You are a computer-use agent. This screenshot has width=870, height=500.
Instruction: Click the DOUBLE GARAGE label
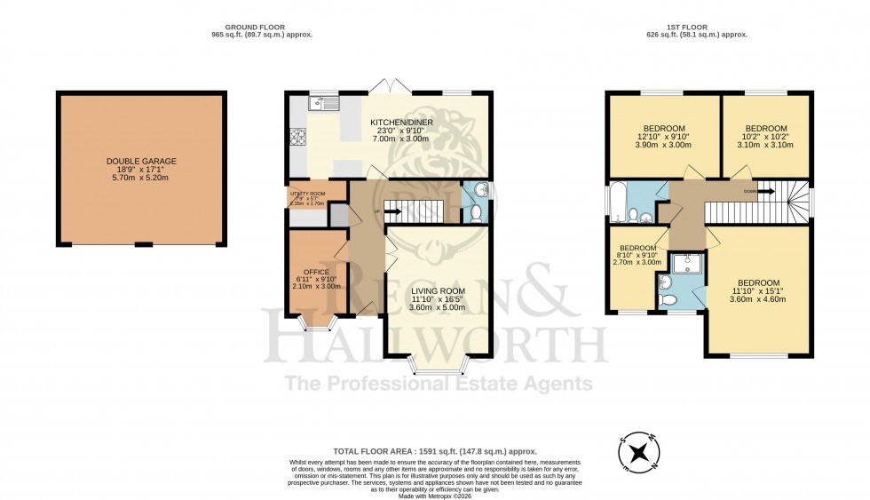pyautogui.click(x=141, y=162)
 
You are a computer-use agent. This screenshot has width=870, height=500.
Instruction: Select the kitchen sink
pyautogui.click(x=323, y=104)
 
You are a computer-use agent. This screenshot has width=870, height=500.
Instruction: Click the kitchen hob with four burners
pyautogui.click(x=297, y=137)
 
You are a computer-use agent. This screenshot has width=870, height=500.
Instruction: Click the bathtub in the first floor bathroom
pyautogui.click(x=616, y=202)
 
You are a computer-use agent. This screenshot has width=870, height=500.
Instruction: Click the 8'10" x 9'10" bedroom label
pyautogui.click(x=637, y=248)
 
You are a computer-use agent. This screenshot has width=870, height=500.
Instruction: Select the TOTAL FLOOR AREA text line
pyautogui.click(x=434, y=451)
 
